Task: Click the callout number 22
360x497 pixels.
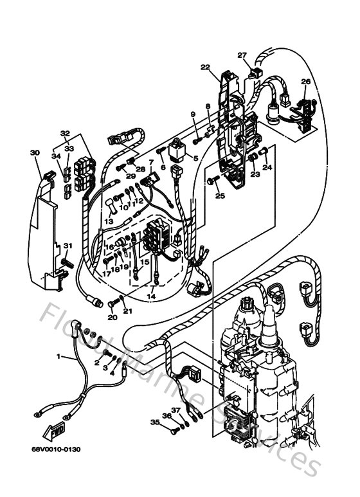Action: tap(204, 68)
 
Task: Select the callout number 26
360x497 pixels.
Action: tap(305, 82)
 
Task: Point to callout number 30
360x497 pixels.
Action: tap(34, 153)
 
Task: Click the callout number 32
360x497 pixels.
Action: tap(65, 134)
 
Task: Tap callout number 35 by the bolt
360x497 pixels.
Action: tap(154, 422)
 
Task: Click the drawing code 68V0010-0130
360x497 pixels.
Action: tap(54, 449)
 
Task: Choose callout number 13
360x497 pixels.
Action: tap(109, 221)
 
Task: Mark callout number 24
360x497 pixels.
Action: tap(267, 168)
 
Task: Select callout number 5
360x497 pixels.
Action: tap(196, 158)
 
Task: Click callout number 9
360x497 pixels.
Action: tap(174, 114)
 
